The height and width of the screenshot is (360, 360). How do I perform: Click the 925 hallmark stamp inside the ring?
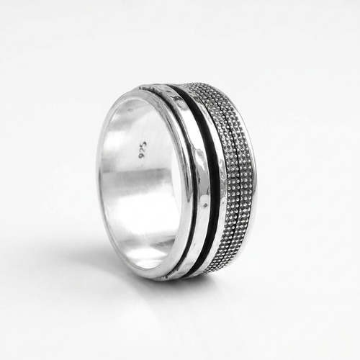click(x=142, y=150)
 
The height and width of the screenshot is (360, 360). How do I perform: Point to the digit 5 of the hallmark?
click(x=143, y=143)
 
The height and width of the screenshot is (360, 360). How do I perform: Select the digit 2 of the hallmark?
click(x=142, y=150)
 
